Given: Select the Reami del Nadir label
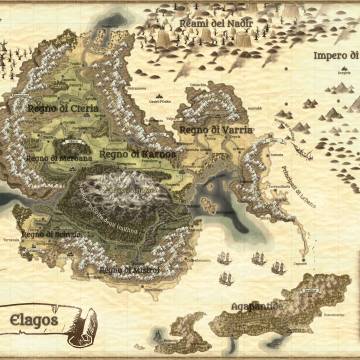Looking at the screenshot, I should pos(211,22).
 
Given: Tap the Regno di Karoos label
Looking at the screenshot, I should pos(137,155).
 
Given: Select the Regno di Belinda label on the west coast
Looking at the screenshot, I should pos(49,237).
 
